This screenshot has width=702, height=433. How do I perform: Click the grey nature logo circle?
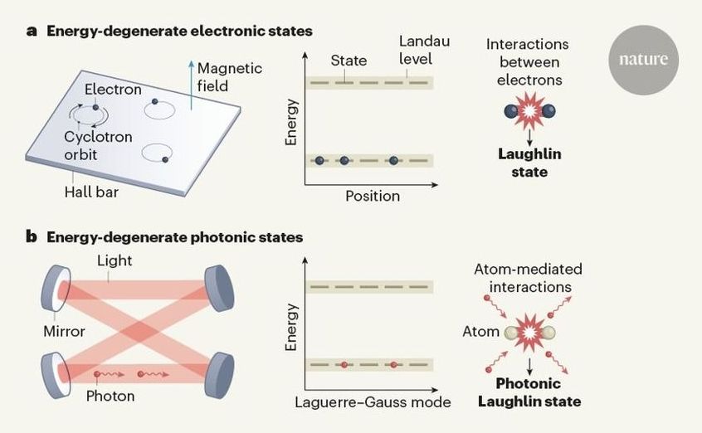pos(642,60)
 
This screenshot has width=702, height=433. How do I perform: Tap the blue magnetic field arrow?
pos(191,84)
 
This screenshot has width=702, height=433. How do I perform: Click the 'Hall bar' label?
pos(93,193)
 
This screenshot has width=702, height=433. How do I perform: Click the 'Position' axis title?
pos(373,197)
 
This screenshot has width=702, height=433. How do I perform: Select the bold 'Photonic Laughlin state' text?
pos(529,392)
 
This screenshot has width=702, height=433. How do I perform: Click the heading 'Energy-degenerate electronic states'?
pos(179,32)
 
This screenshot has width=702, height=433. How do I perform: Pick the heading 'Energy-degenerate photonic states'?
pos(174,237)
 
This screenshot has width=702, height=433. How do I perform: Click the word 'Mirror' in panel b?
pos(65,331)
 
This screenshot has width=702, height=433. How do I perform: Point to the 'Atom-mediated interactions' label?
pos(529,278)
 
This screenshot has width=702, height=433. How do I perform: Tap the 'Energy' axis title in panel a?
pos(291,124)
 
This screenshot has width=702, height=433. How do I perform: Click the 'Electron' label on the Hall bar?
pos(112,90)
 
